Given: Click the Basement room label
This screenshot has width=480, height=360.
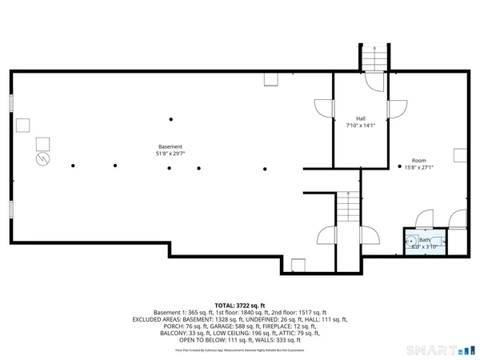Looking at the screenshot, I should tap(170, 147).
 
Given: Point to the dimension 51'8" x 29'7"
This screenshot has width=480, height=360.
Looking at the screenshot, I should tap(170, 154).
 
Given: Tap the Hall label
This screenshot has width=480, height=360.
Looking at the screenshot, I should tap(350, 118).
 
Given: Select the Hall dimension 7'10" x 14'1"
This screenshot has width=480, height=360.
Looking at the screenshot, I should tap(350, 125).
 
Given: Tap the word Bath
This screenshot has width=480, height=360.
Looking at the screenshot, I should tap(423, 239).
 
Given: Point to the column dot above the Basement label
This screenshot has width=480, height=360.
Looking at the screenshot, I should tap(170, 120).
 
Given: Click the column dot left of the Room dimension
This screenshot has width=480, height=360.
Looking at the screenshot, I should tap(399, 166).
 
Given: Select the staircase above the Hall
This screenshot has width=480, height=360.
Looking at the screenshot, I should tap(372, 58).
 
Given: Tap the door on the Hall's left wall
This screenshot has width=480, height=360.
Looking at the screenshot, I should tap(323, 109).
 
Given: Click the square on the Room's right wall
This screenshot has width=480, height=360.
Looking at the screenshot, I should tap(459, 154).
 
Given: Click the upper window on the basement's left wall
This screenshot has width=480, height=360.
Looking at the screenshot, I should tap(11, 106).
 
